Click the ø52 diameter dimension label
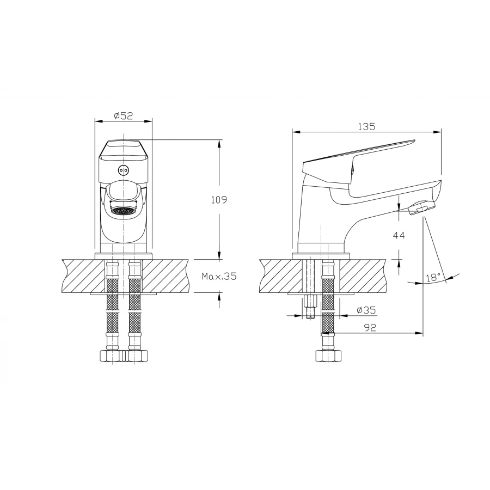[x=124, y=116]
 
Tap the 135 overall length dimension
[x=366, y=126]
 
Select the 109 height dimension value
[x=219, y=200]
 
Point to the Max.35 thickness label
[x=219, y=276]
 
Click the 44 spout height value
[x=399, y=235]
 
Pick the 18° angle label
[x=433, y=277]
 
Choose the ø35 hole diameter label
[x=366, y=310]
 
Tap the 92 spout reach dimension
[x=370, y=328]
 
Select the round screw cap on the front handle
[x=124, y=170]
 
